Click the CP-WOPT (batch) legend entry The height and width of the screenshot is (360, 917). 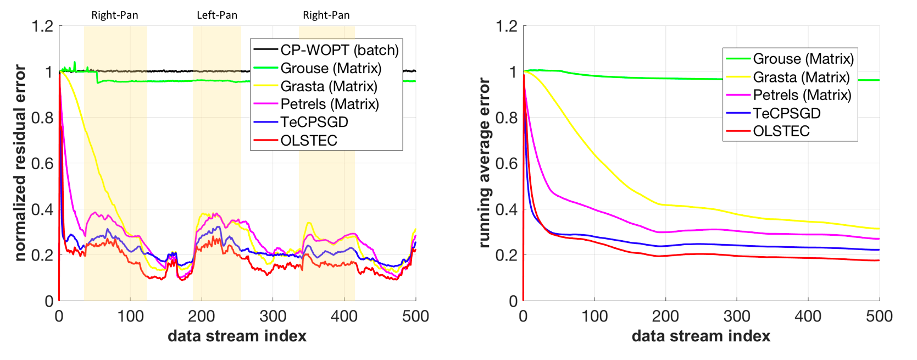[339, 50]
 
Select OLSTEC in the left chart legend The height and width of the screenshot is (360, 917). [308, 141]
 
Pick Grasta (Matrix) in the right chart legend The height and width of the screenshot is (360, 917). [801, 77]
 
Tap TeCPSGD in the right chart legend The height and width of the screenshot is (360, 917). [786, 113]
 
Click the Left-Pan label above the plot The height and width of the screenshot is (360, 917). [217, 15]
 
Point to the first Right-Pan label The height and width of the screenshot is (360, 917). [114, 15]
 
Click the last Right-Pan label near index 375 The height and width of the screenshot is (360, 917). [326, 15]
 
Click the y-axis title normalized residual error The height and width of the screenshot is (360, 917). [20, 163]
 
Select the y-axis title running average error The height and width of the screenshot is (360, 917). [484, 163]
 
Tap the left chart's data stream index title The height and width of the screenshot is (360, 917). [237, 336]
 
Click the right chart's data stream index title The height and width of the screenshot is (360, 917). [701, 336]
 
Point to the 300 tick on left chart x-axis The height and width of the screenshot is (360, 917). [273, 316]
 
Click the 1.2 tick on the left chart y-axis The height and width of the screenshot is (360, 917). [42, 26]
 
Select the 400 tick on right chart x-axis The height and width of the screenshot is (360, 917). [808, 316]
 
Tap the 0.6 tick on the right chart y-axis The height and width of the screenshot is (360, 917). [506, 163]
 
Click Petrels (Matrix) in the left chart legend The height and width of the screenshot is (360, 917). [329, 104]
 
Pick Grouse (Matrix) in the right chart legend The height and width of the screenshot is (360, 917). [803, 59]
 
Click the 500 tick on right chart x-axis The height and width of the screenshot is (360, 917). [879, 316]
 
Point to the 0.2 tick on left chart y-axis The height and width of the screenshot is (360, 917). [42, 255]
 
